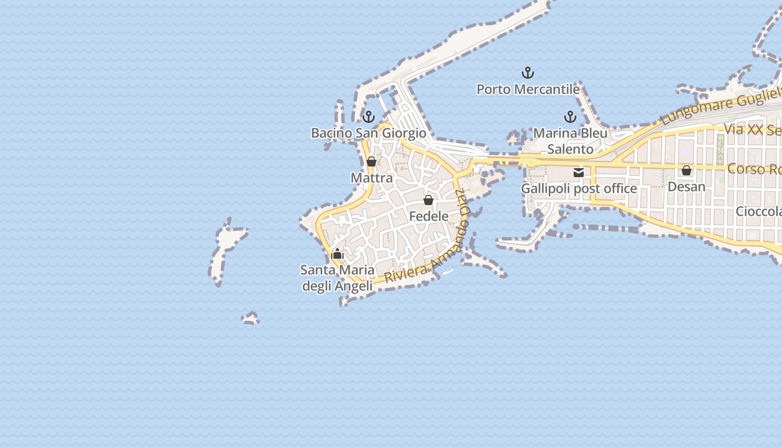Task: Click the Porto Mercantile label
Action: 528,89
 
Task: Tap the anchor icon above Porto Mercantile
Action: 528,73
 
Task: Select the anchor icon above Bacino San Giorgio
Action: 368,117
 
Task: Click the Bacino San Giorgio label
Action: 369,133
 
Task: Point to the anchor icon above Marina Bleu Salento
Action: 570,117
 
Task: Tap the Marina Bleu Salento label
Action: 570,141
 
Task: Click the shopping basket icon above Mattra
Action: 371,162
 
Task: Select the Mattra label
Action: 371,178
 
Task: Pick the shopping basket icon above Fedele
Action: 428,200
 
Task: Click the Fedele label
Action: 429,216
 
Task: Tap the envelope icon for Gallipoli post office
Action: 579,173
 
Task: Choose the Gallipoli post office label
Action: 579,189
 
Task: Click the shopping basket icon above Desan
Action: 686,170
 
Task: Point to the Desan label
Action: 686,187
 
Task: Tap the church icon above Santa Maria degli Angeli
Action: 337,254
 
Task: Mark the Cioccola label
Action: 758,212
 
